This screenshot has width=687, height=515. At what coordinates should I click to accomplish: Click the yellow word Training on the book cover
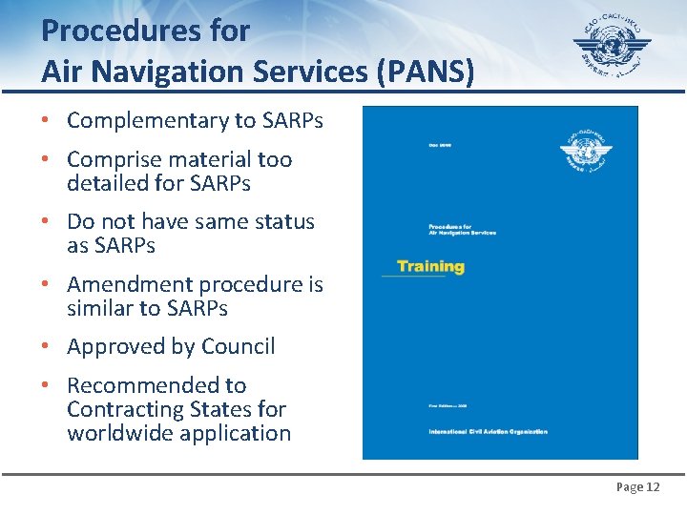430,266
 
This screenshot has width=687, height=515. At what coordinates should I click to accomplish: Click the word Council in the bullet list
242,347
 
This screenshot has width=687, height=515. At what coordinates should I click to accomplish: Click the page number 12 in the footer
653,487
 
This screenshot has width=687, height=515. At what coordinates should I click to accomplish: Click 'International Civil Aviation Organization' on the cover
488,432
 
